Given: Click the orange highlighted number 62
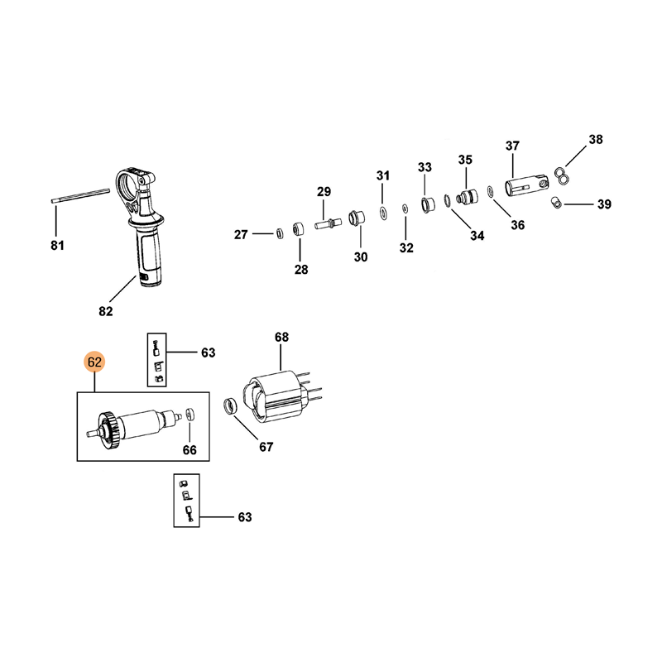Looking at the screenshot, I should [94, 362].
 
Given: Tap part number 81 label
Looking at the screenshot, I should [56, 245].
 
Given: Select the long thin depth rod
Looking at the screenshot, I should [80, 195].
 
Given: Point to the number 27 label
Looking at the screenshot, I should [241, 235].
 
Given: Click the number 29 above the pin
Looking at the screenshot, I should [324, 192].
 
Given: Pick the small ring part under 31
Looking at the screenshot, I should [383, 213].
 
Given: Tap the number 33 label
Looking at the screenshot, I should [425, 167].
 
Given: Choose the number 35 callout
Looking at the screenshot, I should [465, 159].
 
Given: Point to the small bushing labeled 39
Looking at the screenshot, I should [559, 202].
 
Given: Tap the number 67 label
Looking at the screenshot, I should [265, 448].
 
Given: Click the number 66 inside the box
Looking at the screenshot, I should [189, 450].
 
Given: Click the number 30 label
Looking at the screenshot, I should [361, 257].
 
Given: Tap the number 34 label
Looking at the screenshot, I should [477, 236].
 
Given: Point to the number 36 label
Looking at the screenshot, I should [517, 224].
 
